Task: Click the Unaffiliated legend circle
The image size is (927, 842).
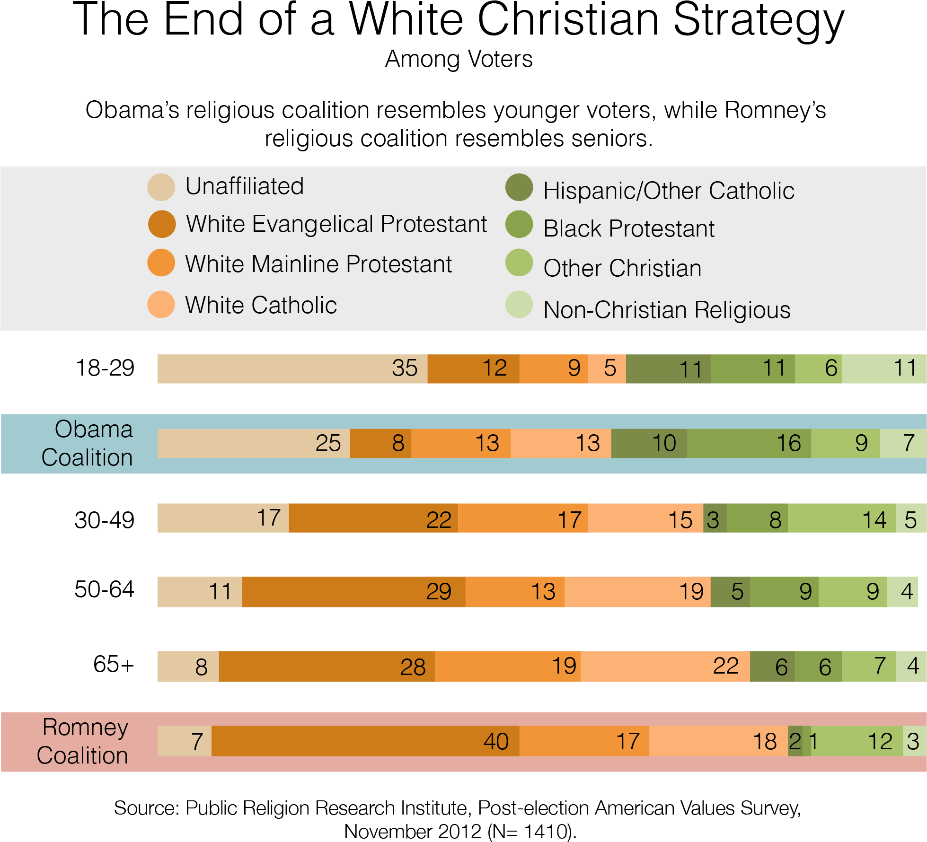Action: pyautogui.click(x=161, y=187)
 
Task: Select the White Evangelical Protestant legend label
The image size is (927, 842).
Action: pyautogui.click(x=336, y=224)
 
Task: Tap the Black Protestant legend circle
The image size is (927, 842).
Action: pyautogui.click(x=519, y=224)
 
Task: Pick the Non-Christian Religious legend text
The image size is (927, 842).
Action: pyautogui.click(x=667, y=310)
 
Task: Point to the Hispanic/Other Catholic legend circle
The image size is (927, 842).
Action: pyautogui.click(x=519, y=187)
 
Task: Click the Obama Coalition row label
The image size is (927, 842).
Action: pyautogui.click(x=88, y=443)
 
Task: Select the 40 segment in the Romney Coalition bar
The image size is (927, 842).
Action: pyautogui.click(x=365, y=741)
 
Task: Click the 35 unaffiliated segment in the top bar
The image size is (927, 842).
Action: pyautogui.click(x=292, y=368)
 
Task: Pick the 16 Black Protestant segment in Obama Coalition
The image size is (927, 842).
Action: pyautogui.click(x=749, y=443)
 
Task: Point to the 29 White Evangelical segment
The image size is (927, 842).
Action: pyautogui.click(x=353, y=592)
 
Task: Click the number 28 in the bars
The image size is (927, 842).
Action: pyautogui.click(x=413, y=667)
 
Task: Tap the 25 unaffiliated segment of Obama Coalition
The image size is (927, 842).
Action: pyautogui.click(x=254, y=443)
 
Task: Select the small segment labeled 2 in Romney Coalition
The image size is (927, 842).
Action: pyautogui.click(x=795, y=741)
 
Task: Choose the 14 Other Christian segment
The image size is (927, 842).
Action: pyautogui.click(x=841, y=518)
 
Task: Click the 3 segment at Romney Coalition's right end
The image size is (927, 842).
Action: pyautogui.click(x=914, y=741)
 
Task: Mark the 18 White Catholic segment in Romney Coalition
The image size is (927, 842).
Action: pyautogui.click(x=718, y=741)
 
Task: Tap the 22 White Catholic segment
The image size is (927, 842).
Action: pyautogui.click(x=665, y=667)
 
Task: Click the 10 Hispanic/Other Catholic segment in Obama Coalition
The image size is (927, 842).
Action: pyautogui.click(x=649, y=443)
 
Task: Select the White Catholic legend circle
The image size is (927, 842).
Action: pyautogui.click(x=161, y=305)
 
